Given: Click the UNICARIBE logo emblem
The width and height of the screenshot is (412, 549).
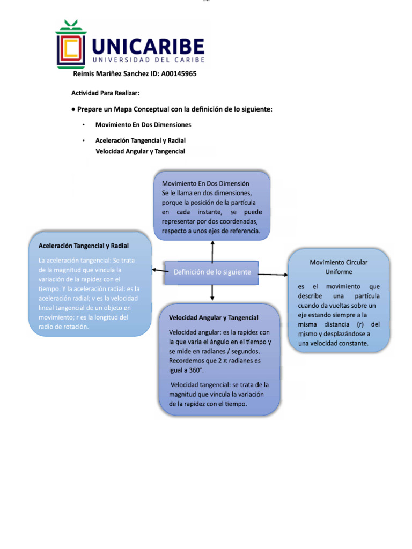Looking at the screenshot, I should click(x=71, y=45).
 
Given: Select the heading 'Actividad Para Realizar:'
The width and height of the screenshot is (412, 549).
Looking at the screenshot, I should click(x=106, y=93).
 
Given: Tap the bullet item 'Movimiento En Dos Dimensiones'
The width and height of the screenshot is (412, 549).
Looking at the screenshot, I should click(x=143, y=124).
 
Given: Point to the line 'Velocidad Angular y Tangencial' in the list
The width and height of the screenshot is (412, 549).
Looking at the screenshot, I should click(x=140, y=151).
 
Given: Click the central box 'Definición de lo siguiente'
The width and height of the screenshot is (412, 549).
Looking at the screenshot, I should click(x=212, y=272).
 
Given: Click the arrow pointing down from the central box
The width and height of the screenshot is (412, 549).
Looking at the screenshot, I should click(x=212, y=292).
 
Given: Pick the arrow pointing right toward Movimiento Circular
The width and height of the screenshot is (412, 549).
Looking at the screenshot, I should click(x=273, y=274).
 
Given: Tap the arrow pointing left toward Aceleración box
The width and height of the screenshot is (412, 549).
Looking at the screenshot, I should click(x=159, y=271).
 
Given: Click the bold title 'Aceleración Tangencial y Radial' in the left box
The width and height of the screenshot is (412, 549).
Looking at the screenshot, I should click(x=83, y=246).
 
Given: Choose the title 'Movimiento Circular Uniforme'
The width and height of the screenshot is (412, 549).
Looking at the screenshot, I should click(x=339, y=267).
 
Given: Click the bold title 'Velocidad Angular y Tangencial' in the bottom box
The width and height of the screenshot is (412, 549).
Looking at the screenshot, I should click(x=214, y=318).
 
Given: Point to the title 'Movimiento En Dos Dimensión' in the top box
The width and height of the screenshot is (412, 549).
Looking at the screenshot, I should click(x=205, y=183).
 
